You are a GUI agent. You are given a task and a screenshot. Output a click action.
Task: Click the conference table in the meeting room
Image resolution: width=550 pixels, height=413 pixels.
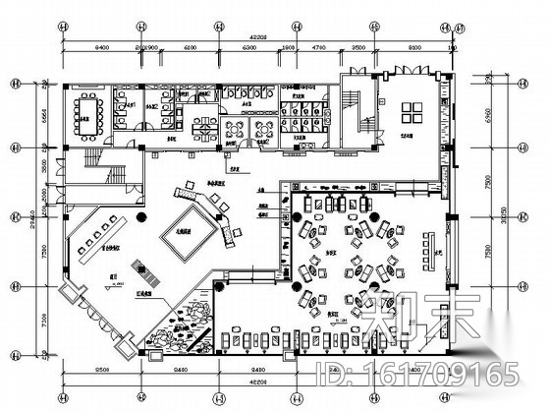(86, 112)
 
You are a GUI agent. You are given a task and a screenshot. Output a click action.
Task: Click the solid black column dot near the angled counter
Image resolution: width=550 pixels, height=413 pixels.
(140, 219)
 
